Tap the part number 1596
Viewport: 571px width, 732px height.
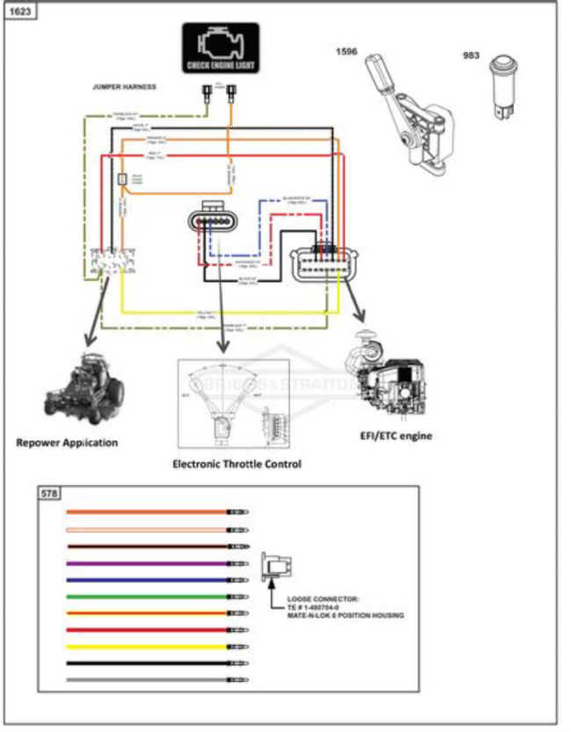click(x=346, y=52)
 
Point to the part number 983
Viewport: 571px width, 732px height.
click(x=471, y=55)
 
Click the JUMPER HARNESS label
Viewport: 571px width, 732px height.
click(x=125, y=87)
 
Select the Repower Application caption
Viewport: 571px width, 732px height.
click(x=67, y=442)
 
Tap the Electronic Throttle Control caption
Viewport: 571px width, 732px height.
click(x=236, y=463)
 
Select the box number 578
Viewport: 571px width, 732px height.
click(x=49, y=494)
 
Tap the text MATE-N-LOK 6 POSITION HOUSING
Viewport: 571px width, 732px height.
click(x=345, y=616)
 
